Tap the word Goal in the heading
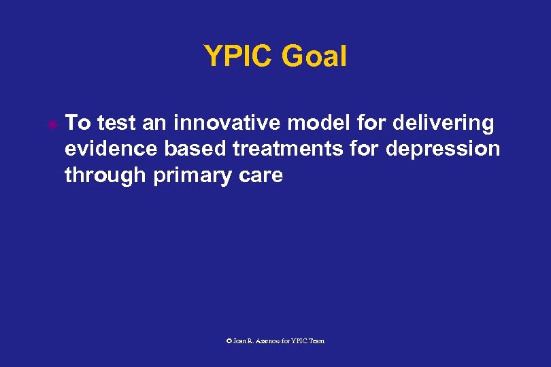(x=315, y=57)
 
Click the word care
(x=261, y=175)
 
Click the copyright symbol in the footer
(x=229, y=340)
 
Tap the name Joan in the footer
(x=240, y=340)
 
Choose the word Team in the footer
(x=316, y=340)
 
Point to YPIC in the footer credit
(x=299, y=340)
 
